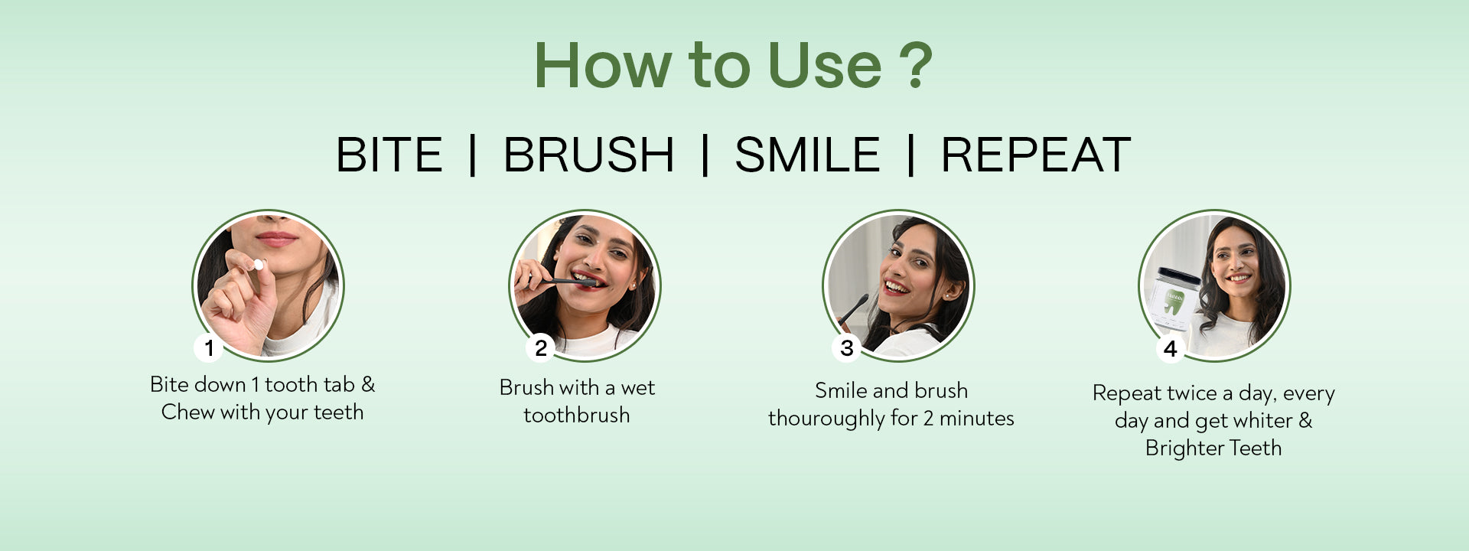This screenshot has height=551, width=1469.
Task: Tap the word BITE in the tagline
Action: pos(389,155)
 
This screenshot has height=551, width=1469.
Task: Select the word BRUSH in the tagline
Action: pos(588,155)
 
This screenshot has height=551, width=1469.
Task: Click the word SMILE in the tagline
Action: pos(807,155)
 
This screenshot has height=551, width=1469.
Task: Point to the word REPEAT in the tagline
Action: pos(1036,155)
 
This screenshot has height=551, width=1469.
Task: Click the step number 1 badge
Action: pos(209,348)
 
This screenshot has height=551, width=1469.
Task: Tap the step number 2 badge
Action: pos(541,348)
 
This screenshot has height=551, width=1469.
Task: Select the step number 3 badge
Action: pos(847,348)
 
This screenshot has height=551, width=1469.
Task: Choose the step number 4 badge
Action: pos(1170,349)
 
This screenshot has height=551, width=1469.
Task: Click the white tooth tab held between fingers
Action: pos(259,265)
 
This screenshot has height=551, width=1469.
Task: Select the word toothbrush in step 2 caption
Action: pos(577,415)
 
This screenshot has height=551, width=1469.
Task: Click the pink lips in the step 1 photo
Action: pos(277,239)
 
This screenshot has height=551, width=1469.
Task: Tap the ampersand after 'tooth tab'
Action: pos(368,384)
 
